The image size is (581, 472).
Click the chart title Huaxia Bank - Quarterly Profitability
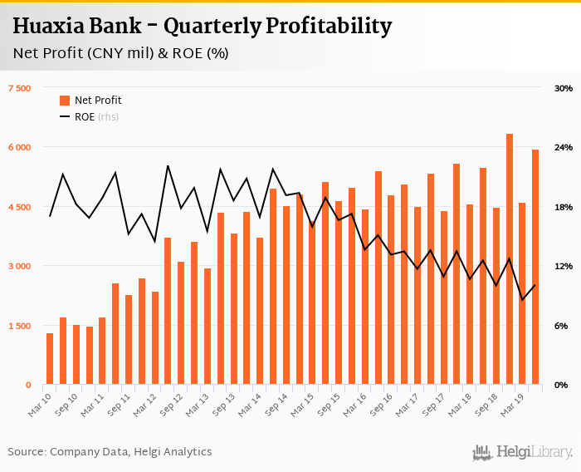[x=202, y=26]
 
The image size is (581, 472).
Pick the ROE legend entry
[x=85, y=117]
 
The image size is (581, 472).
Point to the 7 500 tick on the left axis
[x=19, y=88]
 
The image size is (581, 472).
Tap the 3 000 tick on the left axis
[x=19, y=266]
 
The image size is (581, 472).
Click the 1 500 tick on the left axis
[x=19, y=326]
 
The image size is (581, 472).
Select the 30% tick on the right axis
[x=564, y=88]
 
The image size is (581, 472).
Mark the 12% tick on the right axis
[x=564, y=266]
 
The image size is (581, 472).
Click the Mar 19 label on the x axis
[x=506, y=400]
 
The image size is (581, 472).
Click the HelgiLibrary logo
[x=522, y=452]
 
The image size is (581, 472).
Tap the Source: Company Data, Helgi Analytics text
[x=110, y=452]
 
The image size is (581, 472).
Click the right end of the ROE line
[x=535, y=285]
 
